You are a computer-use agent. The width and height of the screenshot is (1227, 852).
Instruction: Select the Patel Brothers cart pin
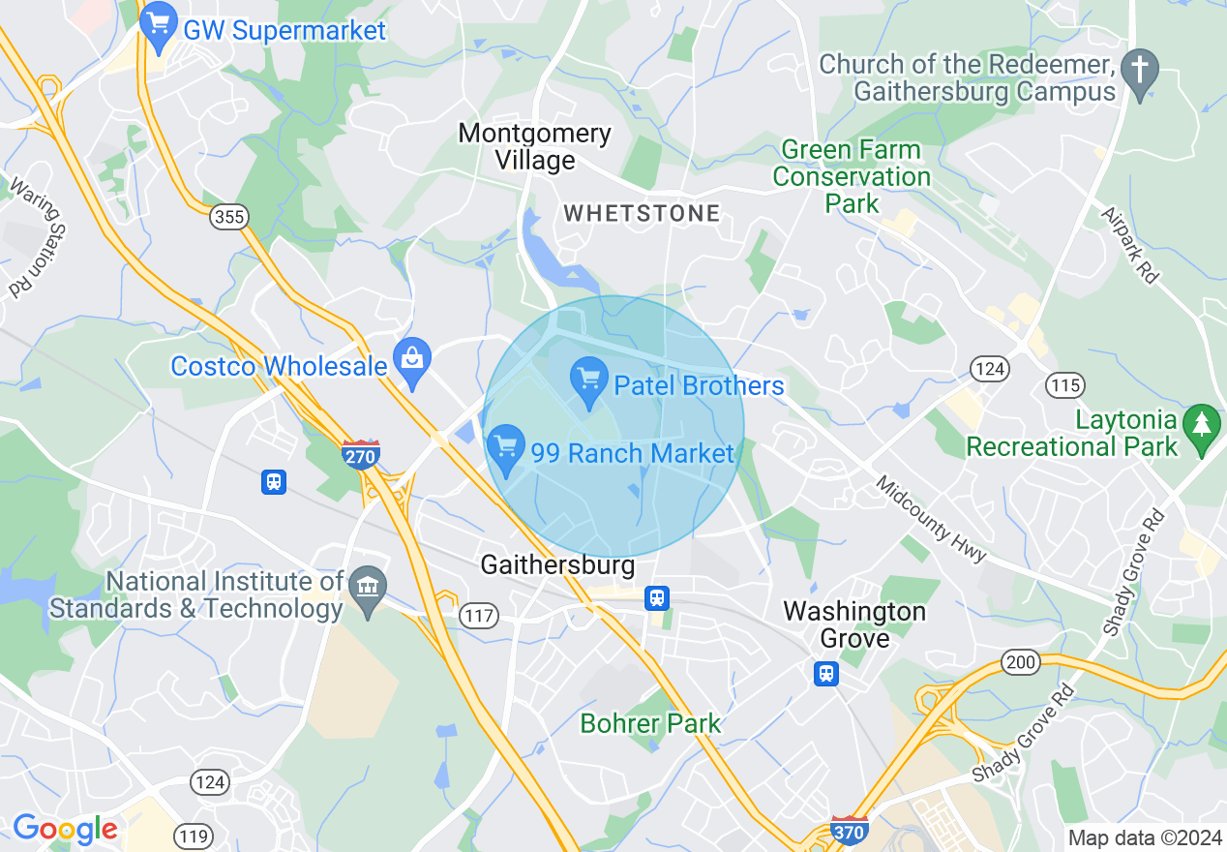(x=589, y=380)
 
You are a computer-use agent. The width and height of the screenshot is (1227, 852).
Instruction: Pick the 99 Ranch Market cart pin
(x=505, y=447)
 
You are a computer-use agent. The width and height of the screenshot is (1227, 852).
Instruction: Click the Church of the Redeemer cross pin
(x=1140, y=73)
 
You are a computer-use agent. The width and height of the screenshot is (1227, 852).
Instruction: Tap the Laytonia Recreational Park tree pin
(x=1202, y=427)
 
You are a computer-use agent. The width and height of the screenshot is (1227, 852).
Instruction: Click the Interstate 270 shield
(x=360, y=453)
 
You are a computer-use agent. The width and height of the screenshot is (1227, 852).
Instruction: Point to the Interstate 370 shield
(x=849, y=831)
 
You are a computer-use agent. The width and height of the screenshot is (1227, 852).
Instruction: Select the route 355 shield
(x=229, y=217)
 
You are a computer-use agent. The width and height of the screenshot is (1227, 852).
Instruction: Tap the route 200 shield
(x=1021, y=663)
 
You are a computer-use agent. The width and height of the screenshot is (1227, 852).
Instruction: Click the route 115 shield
(x=1064, y=385)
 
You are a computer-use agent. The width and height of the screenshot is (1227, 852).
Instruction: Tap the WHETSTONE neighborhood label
(x=642, y=214)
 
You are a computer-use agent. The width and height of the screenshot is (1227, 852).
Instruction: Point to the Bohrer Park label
(x=650, y=723)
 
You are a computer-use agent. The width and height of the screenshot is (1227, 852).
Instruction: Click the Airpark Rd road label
(x=1130, y=245)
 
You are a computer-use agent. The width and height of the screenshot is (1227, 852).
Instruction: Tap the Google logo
(x=64, y=829)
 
